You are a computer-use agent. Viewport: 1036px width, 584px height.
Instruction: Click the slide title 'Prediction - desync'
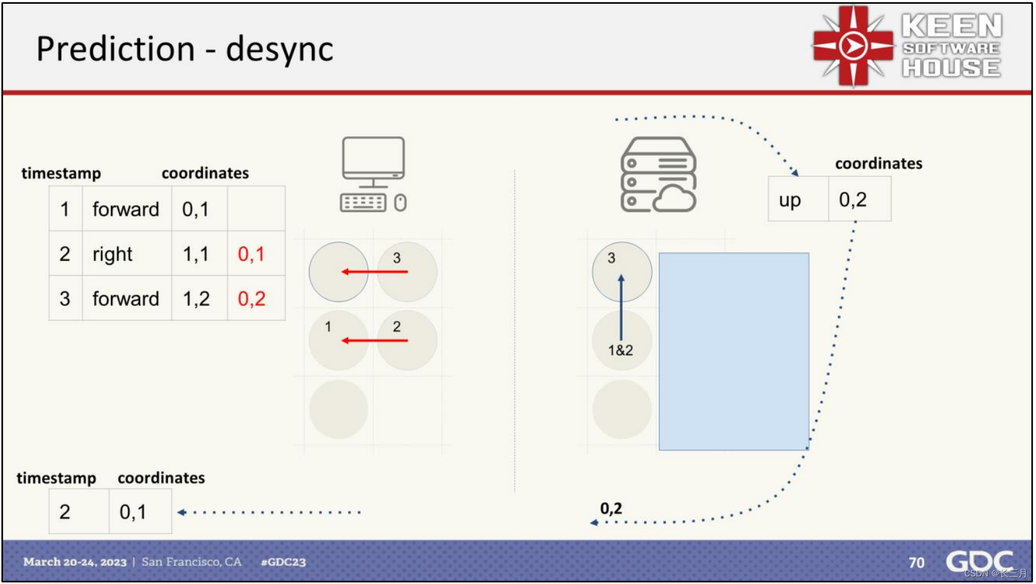tap(185, 49)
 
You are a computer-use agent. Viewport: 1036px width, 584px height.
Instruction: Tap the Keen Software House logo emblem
tap(853, 46)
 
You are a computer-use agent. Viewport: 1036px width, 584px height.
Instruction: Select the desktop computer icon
tap(373, 174)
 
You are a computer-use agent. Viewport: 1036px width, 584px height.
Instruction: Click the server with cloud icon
tap(658, 175)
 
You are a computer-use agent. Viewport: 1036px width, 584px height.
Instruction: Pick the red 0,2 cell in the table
tap(252, 299)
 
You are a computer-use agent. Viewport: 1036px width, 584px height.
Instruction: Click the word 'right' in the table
tap(112, 254)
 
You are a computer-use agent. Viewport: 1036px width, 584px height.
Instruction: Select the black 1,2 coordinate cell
tap(196, 299)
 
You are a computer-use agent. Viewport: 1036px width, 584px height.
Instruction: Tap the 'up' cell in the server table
tap(790, 200)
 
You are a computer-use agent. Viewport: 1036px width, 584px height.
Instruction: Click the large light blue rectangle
tap(734, 352)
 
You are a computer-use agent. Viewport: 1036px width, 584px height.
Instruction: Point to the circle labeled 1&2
tap(621, 342)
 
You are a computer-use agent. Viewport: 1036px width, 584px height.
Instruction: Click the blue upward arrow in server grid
tap(621, 307)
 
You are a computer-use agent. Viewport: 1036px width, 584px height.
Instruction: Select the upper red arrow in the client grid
tap(375, 272)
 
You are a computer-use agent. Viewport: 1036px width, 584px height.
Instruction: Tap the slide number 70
tap(916, 562)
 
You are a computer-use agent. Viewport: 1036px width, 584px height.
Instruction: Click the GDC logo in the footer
tap(979, 561)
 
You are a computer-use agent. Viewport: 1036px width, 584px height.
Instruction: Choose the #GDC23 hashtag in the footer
tap(283, 562)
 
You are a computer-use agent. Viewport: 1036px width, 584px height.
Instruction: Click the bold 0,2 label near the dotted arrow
tap(611, 508)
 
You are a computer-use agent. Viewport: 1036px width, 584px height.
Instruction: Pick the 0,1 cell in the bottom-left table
tap(133, 512)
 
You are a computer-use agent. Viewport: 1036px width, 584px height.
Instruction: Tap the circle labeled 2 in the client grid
tap(406, 340)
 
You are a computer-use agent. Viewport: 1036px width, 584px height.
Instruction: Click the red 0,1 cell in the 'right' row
tap(251, 254)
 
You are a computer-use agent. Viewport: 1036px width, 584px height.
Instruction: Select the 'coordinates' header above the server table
tap(878, 163)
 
